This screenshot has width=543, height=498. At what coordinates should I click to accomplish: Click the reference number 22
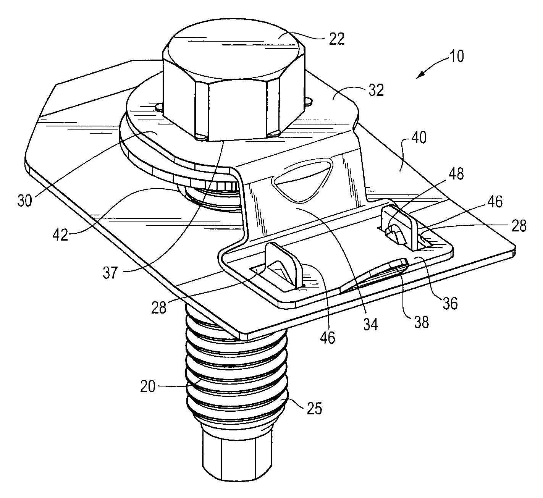pos(336,39)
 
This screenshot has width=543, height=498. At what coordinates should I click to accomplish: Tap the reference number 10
pos(457,56)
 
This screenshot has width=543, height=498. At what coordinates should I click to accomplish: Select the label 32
pos(376,90)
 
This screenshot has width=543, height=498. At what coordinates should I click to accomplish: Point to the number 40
pos(419,137)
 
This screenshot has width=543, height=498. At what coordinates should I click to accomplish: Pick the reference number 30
pos(25,200)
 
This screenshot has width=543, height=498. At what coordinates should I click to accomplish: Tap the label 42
pos(60,234)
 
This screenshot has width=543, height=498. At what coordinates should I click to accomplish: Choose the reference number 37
pos(110,273)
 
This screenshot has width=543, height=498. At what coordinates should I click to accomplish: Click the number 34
pos(370,324)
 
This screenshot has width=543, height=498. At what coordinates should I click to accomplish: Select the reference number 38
pos(421,322)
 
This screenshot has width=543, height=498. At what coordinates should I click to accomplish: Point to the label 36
pos(450,303)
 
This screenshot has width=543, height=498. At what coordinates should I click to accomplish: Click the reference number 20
pos(148,386)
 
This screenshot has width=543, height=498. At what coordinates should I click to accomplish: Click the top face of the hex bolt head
pos(234,50)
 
